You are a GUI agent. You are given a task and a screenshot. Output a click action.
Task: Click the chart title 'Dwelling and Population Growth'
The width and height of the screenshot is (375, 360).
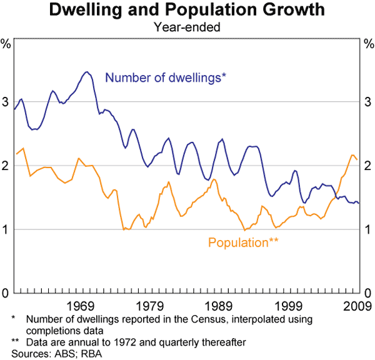(x=187, y=11)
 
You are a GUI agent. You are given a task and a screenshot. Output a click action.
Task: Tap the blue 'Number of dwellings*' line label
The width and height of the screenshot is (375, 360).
(x=166, y=78)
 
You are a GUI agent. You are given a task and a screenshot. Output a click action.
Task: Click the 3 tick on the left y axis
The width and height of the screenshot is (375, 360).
(x=6, y=102)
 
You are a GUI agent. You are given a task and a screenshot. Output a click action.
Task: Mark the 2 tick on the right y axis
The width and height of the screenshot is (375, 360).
(x=369, y=166)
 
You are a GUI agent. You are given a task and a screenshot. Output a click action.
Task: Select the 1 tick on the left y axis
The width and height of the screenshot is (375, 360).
(x=6, y=229)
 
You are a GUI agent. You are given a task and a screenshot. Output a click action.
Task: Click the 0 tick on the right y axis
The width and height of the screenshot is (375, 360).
(x=369, y=293)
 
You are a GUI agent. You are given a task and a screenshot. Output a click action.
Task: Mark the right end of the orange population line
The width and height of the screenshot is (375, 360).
(x=357, y=159)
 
